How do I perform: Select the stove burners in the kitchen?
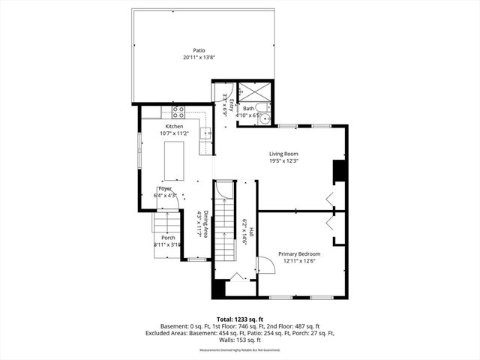(179, 112)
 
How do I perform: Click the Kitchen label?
(175, 127)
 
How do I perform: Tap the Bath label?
(248, 109)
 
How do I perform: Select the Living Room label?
(284, 154)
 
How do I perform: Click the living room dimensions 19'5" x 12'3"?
(284, 160)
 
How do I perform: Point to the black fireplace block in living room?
(339, 172)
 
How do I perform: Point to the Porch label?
(168, 238)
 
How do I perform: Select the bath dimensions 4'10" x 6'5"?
(248, 116)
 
